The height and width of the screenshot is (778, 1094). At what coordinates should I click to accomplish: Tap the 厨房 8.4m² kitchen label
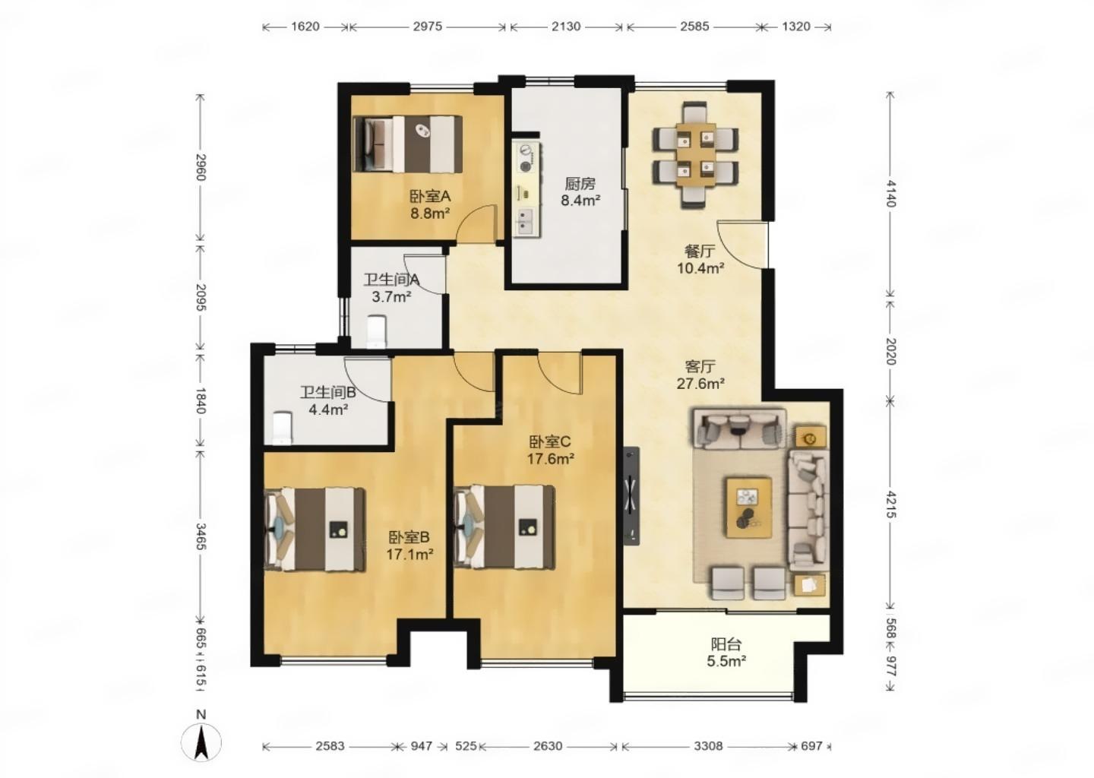pos(580,192)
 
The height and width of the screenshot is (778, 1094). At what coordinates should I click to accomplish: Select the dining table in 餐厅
pos(696,154)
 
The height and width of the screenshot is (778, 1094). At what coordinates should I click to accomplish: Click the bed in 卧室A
pos(408,144)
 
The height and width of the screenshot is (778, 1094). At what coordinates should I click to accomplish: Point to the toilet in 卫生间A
pos(376,331)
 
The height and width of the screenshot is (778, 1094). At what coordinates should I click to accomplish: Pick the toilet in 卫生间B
pos(282,429)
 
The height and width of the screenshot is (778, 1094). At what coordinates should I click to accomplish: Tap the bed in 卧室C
pos(504,527)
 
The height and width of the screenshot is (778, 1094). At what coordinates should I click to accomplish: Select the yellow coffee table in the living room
pos(749,508)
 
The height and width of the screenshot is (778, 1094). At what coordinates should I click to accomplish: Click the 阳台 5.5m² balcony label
pos(726,653)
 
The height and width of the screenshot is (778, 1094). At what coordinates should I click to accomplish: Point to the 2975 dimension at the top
pos(427,27)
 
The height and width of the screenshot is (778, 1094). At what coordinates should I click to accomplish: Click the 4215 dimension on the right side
pos(890,504)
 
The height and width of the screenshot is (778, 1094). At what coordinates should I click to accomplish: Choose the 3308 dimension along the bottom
pos(708,746)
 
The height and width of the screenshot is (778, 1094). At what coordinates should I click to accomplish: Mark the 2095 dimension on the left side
pos(201,296)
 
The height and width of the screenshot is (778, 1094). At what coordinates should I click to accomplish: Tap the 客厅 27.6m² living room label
pos(700,375)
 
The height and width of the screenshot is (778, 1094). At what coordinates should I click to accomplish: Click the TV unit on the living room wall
pos(631,495)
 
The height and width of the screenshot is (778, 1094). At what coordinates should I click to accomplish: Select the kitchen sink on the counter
pos(526,221)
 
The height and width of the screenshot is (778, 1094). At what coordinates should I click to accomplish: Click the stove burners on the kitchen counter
pos(526,158)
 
